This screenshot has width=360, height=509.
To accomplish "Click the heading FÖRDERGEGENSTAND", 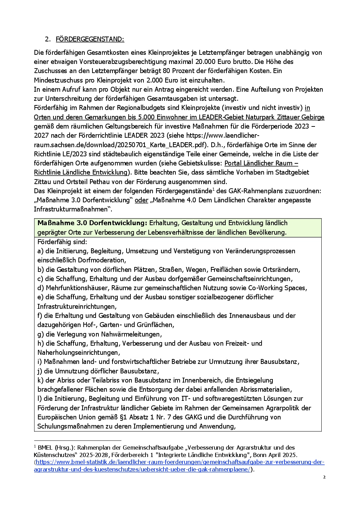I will tap(90, 39).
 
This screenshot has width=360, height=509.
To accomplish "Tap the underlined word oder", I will tap(141, 200).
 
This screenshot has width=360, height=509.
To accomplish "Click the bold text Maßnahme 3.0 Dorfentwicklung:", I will tap(92, 223).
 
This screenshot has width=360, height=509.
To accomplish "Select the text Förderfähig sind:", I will tap(62, 242).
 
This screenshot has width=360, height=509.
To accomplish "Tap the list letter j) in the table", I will tap(40, 371).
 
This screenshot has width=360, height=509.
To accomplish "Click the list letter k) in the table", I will tap(40, 380).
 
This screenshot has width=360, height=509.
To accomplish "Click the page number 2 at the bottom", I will tap(324, 477).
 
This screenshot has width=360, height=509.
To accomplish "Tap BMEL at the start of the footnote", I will tap(45, 448).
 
